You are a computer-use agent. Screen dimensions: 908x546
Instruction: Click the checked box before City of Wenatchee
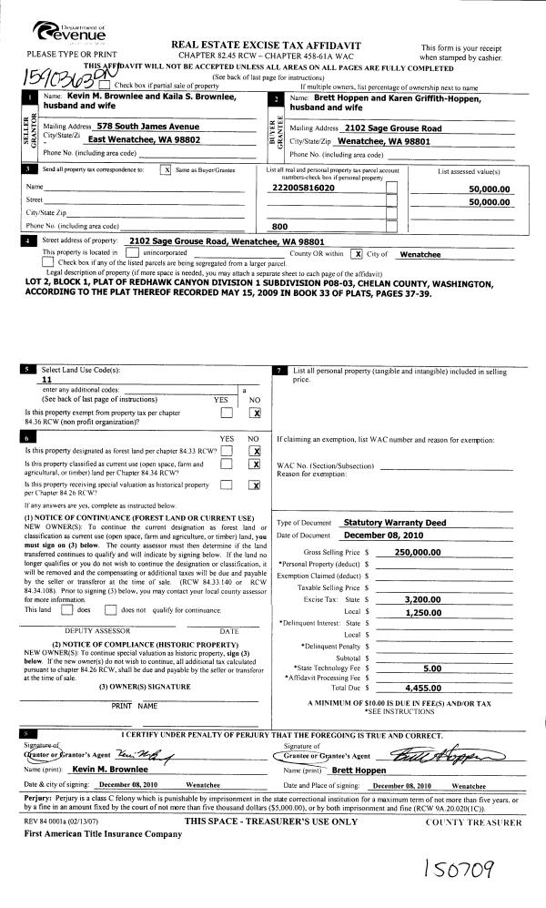pyautogui.click(x=358, y=254)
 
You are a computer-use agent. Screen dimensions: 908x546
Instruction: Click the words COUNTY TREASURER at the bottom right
pyautogui.click(x=473, y=821)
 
